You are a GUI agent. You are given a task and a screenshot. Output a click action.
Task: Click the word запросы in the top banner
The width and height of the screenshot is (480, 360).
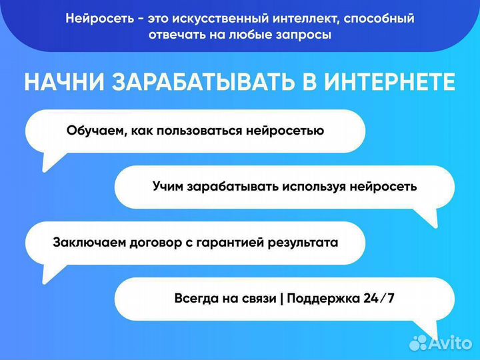[305, 35]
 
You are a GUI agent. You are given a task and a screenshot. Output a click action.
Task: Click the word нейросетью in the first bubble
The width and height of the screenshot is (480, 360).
[288, 131]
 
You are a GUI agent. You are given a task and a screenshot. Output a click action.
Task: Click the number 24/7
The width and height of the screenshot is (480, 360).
[379, 298]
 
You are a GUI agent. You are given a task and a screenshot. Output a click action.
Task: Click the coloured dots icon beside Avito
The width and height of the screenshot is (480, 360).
[418, 343]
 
